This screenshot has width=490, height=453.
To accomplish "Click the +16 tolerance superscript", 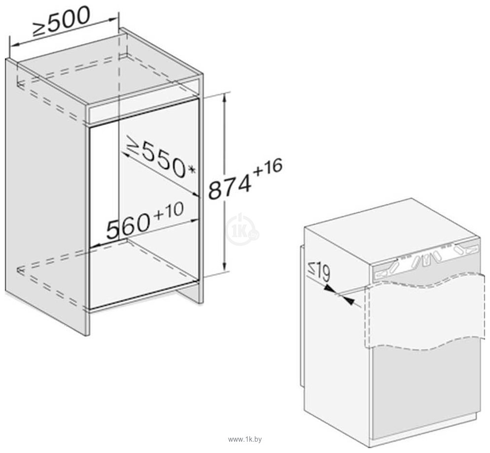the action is [268, 167].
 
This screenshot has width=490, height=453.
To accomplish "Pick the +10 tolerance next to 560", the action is [169, 211].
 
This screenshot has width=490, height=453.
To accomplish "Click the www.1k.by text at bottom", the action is [245, 439].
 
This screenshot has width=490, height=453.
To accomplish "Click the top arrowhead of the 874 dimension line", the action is [224, 98].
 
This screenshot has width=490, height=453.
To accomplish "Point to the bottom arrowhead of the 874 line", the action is [224, 265].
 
